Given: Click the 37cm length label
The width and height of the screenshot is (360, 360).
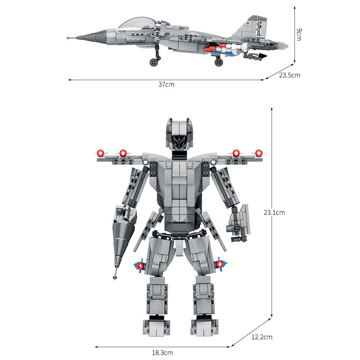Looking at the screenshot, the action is [x=166, y=84].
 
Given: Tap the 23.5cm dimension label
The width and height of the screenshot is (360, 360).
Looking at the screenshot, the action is [x=289, y=75].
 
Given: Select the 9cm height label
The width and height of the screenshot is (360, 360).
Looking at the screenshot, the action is [x=299, y=34].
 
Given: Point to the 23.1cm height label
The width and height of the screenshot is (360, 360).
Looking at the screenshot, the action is [x=274, y=212].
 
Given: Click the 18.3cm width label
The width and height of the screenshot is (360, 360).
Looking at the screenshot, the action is [x=162, y=353].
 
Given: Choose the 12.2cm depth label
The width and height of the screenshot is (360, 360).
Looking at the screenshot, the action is [x=262, y=337].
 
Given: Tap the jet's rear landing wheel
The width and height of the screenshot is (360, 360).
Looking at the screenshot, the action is [x=219, y=62].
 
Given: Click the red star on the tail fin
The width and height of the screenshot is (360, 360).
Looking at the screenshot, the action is [x=248, y=23].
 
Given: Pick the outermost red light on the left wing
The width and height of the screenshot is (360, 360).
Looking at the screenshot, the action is [x=100, y=153].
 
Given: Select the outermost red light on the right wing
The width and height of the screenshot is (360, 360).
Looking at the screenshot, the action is [x=259, y=153].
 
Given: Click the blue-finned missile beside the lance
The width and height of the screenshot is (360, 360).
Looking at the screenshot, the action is [x=140, y=265].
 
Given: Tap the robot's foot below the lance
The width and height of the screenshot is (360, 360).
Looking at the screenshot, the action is [x=157, y=326].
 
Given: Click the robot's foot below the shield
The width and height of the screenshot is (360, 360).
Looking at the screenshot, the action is [x=204, y=326].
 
